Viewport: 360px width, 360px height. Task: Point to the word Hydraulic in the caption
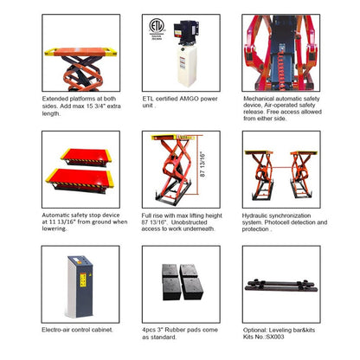coord(257,215)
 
